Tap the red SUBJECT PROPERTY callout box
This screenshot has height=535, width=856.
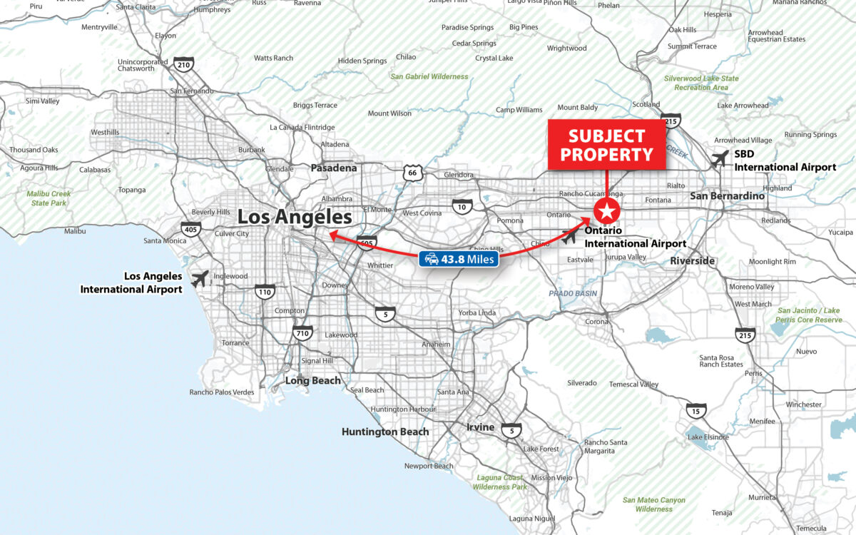[x=606, y=145]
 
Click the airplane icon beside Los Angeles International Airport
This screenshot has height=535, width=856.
[x=200, y=278]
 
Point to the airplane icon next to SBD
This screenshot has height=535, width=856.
[x=720, y=158]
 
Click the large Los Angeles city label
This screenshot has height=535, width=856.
[x=295, y=217]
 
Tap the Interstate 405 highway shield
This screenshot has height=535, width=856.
[x=190, y=229]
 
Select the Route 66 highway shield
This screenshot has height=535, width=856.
[x=411, y=173]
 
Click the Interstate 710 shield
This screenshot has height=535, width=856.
[x=302, y=332]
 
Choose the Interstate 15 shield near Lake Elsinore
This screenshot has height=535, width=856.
[x=697, y=410]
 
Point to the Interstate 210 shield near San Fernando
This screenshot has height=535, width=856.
[x=184, y=65]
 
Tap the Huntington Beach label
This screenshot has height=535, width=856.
[x=385, y=432]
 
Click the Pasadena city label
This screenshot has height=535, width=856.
[x=333, y=168]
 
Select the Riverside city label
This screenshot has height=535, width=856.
[x=692, y=261]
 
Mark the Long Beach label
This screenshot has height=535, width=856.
[x=312, y=381]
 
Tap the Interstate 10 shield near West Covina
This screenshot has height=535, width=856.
[x=462, y=208]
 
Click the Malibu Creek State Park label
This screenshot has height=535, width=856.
[x=49, y=198]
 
